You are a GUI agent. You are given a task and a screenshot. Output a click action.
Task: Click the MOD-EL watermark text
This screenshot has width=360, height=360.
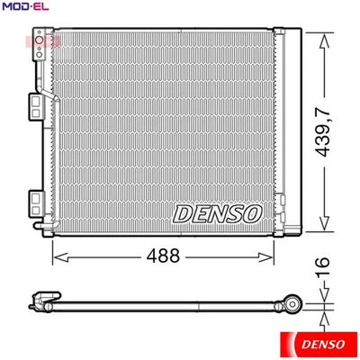click(x=25, y=7)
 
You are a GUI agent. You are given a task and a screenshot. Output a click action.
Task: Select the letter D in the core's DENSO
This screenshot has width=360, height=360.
click(x=179, y=214)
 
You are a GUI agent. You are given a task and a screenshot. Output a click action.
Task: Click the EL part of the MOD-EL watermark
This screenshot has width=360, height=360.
click(x=39, y=7)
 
